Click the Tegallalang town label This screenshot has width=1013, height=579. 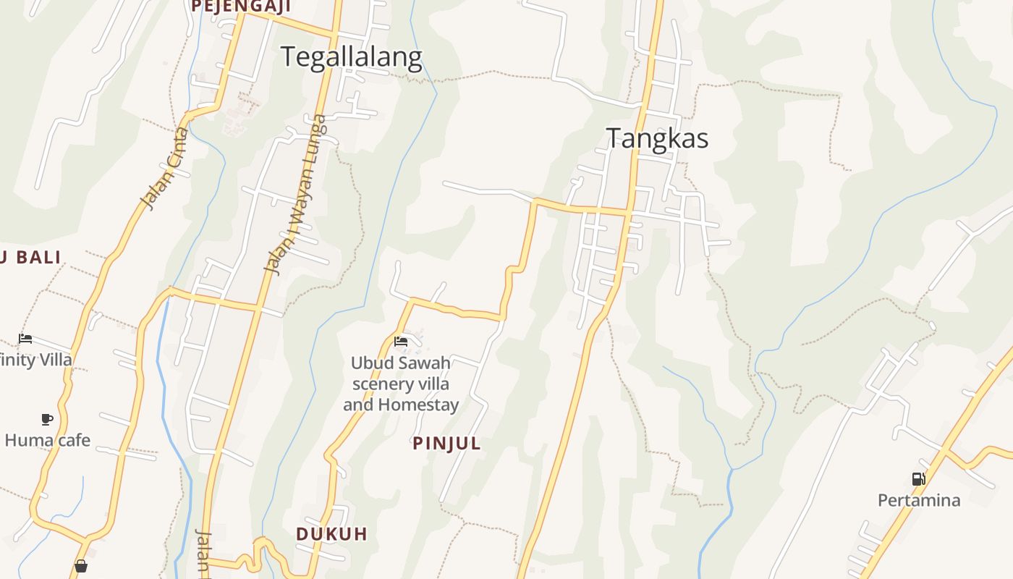point(351,57)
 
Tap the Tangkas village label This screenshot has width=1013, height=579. point(657,138)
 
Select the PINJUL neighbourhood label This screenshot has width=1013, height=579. point(446,444)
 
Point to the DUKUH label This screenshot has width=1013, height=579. point(331,534)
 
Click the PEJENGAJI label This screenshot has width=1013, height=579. point(241,7)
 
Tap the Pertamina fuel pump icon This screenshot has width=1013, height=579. point(918,479)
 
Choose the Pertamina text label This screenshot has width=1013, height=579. point(919,500)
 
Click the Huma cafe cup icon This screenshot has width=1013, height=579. point(47,419)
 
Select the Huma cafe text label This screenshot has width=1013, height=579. point(48,440)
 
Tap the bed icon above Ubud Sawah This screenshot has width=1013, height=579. point(401,342)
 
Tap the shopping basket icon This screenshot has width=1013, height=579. point(81,566)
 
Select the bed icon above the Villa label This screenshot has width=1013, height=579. point(25,339)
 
